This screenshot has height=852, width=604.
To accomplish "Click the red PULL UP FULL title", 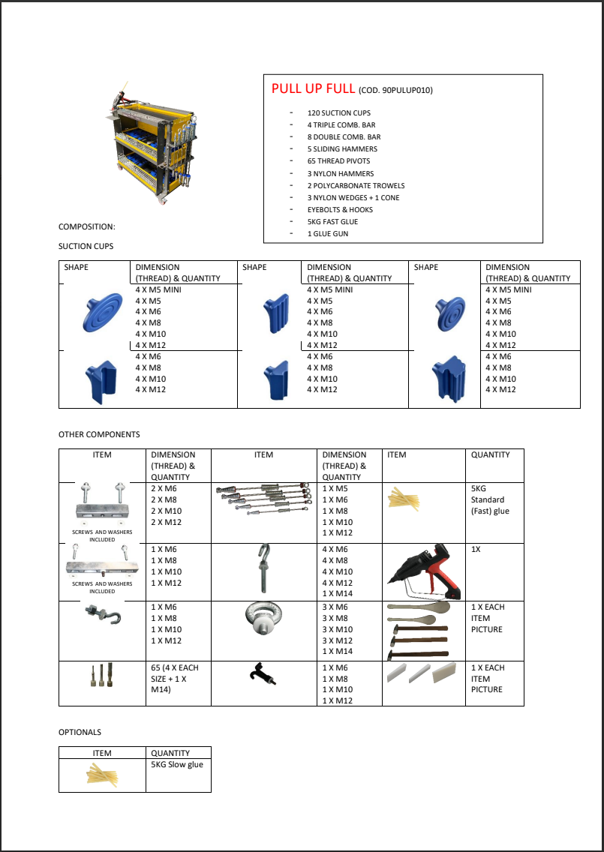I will (x=313, y=88).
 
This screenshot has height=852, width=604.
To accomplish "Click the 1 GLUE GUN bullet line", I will (x=328, y=234).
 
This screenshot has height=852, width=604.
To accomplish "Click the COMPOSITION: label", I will (x=87, y=226).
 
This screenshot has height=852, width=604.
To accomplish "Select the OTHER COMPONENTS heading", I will (x=99, y=434).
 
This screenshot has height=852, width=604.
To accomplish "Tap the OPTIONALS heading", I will (x=80, y=732).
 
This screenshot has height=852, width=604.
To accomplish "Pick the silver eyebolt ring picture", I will (x=263, y=622).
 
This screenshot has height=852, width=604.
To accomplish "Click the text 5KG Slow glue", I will (x=177, y=765).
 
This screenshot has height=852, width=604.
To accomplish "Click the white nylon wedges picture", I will (x=425, y=673).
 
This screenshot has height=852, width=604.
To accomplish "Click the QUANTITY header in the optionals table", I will (x=170, y=753).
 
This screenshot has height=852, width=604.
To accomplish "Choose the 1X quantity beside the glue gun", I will (x=476, y=550).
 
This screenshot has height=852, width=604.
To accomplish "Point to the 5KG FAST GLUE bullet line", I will (x=332, y=222).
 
